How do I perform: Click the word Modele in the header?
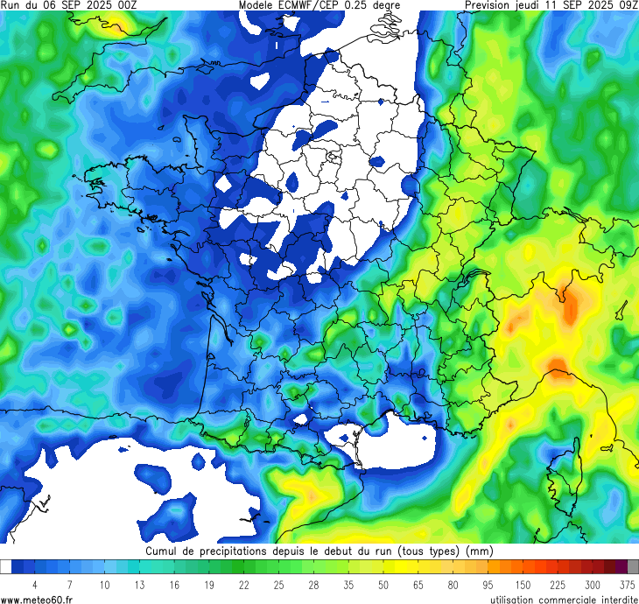[x=258, y=5]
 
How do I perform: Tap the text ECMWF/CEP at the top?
[x=311, y=5]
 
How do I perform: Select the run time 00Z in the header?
[x=124, y=5]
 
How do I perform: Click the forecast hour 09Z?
[x=626, y=5]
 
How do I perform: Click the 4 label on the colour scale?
[x=34, y=584]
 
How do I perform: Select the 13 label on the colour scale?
[x=138, y=584]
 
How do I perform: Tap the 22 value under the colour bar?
[x=243, y=584]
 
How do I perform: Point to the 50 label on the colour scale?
[x=383, y=584]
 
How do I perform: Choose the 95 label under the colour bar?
[x=488, y=584]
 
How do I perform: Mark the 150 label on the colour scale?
[x=523, y=584]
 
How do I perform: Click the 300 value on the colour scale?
[x=593, y=584]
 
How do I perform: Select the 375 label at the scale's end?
[x=627, y=584]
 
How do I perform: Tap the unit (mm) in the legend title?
[x=480, y=551]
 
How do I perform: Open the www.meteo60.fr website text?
[x=37, y=599]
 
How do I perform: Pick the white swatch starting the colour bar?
[x=6, y=566]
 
